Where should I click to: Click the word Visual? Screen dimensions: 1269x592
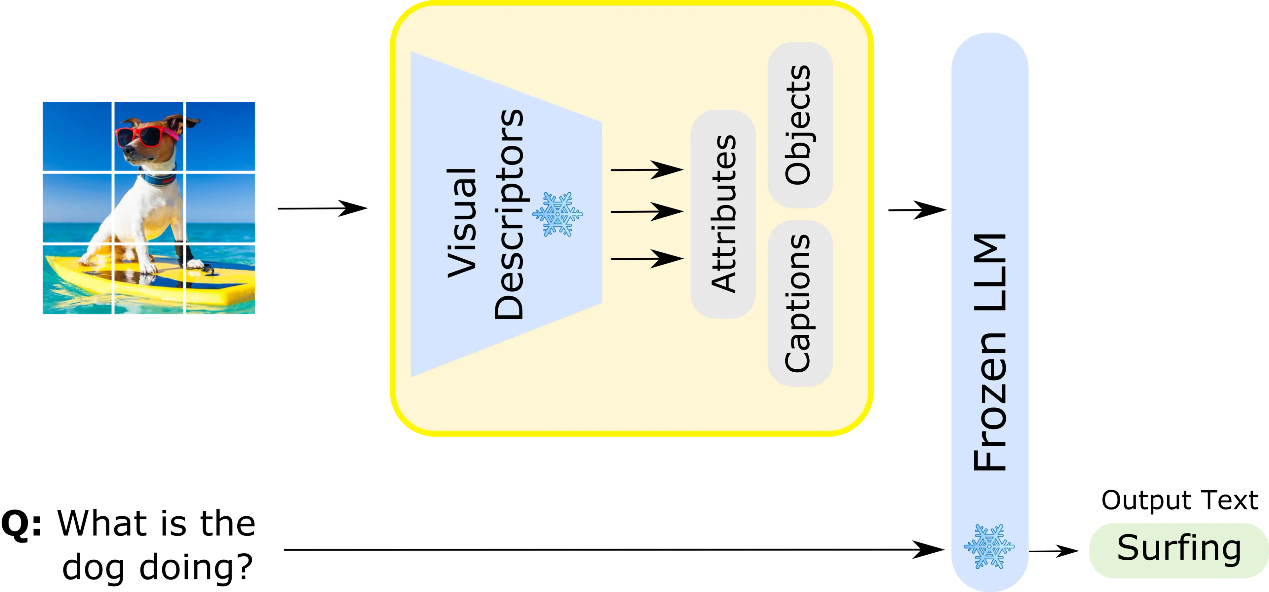tap(462, 223)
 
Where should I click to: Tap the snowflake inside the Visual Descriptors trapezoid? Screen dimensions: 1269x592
tap(558, 214)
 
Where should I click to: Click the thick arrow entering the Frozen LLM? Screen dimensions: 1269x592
tap(919, 210)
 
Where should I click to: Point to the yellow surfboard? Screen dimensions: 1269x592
tap(148, 283)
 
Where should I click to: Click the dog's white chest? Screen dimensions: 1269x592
tap(148, 207)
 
